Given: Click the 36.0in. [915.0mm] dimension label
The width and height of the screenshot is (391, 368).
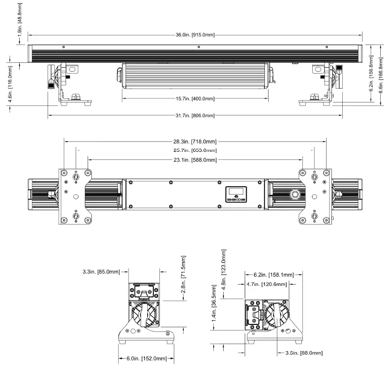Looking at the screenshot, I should click(x=195, y=35).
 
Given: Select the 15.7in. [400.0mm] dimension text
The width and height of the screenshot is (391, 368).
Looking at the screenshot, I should click(x=195, y=99).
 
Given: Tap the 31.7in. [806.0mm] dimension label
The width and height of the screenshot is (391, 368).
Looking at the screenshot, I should click(x=195, y=116).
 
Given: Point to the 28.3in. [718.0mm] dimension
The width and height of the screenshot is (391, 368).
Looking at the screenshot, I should click(x=195, y=142).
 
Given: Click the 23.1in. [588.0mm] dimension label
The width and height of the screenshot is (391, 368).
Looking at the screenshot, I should click(x=195, y=160).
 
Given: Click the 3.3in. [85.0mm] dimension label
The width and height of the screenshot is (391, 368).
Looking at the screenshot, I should click(x=101, y=271).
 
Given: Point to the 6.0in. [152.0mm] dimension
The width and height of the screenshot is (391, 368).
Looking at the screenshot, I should click(x=145, y=359).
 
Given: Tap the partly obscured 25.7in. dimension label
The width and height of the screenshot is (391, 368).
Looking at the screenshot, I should click(x=195, y=150).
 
